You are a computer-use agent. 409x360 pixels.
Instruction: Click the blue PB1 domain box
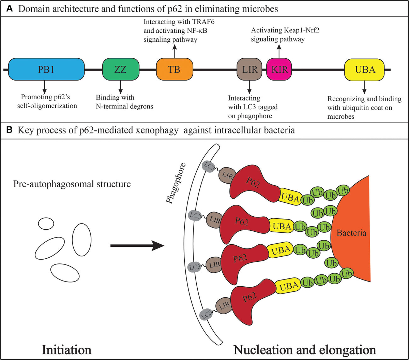46,70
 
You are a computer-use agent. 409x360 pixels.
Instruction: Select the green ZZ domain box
120,70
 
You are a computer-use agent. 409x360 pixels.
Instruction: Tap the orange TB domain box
174,70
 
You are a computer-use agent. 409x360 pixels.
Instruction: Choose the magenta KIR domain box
279,70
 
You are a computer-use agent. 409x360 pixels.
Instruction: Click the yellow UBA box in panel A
364,70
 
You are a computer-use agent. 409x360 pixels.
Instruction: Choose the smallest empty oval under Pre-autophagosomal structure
46,224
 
